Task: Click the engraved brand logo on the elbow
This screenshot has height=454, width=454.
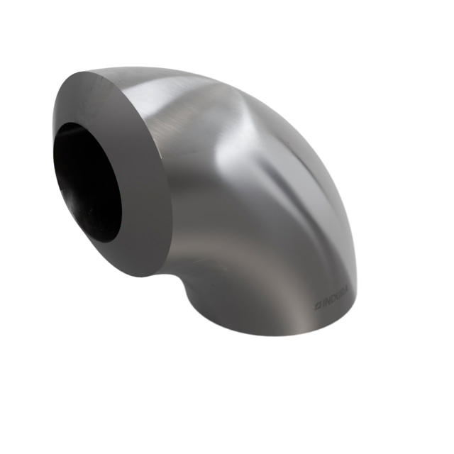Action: [335, 294]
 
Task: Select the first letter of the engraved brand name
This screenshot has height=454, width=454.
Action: [324, 299]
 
